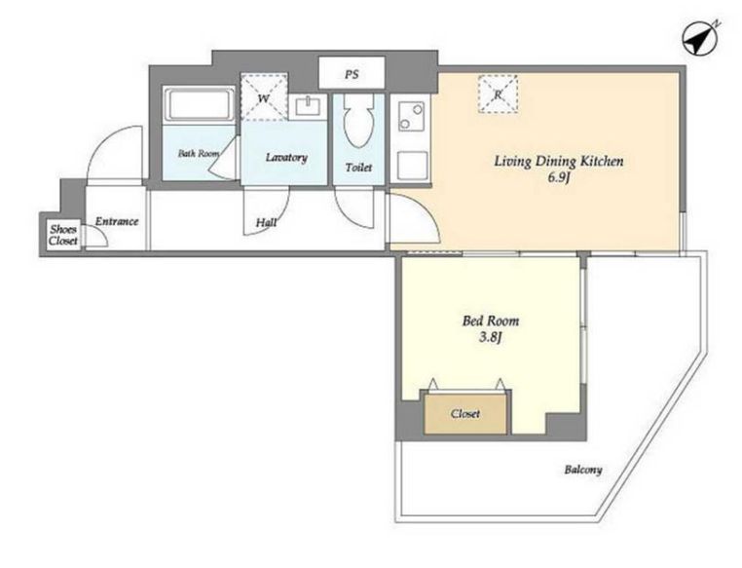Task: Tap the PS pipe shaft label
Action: [x=352, y=74]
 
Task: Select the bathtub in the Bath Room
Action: [x=199, y=105]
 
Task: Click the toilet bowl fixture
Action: [x=358, y=120]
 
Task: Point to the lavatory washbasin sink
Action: [x=308, y=106]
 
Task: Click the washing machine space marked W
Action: [x=264, y=97]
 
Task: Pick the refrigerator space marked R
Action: [x=498, y=95]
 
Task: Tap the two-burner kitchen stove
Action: [x=410, y=117]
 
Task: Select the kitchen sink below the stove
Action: [x=412, y=166]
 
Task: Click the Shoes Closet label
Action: [x=63, y=235]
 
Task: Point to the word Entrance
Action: [x=117, y=221]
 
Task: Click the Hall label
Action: [x=266, y=222]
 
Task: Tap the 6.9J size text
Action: [x=559, y=179]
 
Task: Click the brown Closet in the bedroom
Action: [x=465, y=414]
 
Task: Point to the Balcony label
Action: [x=583, y=470]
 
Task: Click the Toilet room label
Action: [x=358, y=167]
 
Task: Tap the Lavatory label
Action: [x=286, y=158]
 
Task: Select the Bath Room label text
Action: [x=199, y=153]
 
